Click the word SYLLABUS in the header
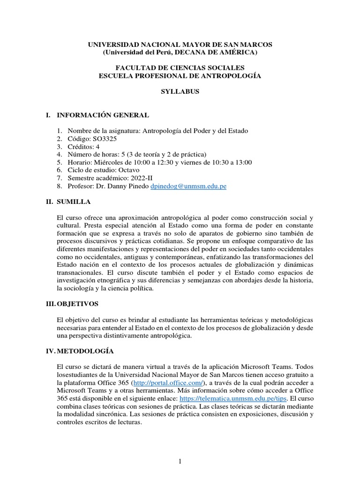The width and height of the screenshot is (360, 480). point(180,92)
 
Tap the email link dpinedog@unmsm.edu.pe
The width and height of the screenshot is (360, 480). point(188,186)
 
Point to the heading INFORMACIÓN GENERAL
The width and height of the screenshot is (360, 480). point(103,115)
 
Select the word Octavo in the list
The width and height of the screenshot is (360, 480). point(129,170)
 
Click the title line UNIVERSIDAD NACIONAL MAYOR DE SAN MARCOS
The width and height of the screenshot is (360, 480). point(180,44)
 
